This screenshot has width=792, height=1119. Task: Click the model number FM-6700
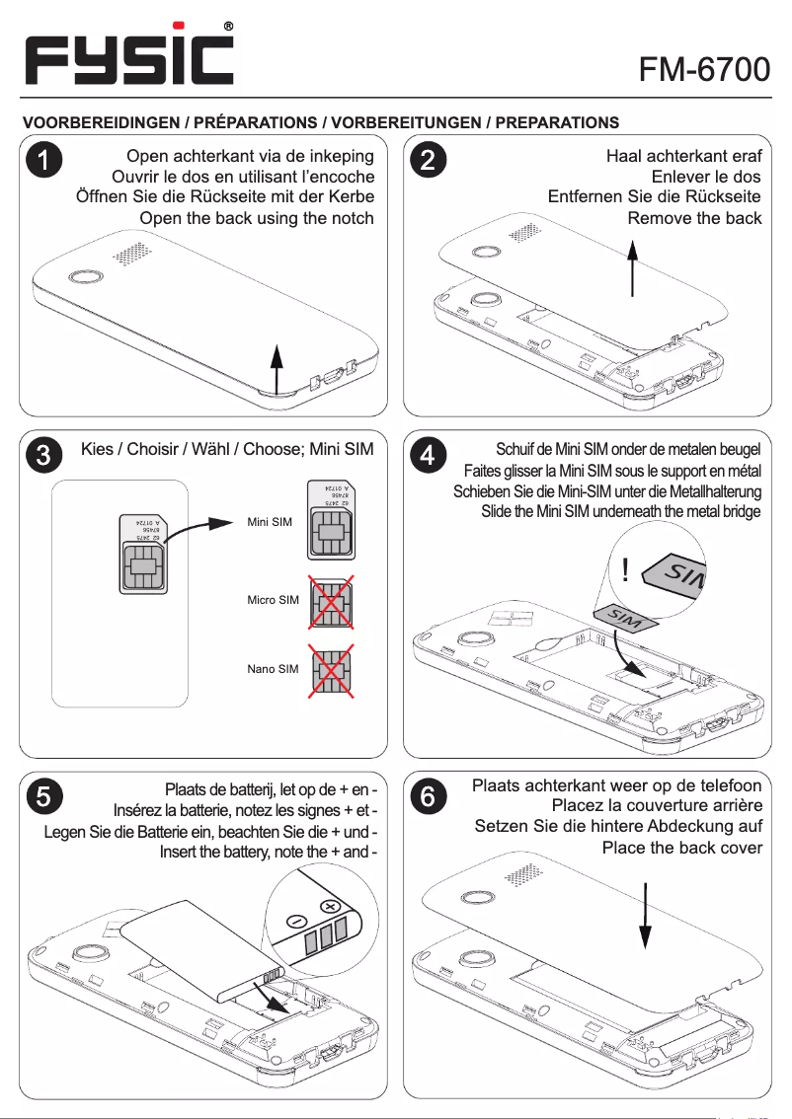(x=703, y=69)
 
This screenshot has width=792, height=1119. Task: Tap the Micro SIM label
(x=273, y=600)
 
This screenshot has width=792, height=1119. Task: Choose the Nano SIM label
(x=273, y=669)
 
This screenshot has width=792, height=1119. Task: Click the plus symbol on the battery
(x=329, y=907)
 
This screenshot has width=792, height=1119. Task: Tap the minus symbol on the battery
(x=295, y=921)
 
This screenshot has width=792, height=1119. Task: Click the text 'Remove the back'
(x=694, y=217)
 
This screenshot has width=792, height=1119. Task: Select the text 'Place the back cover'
(x=681, y=848)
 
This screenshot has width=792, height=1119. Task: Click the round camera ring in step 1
(x=83, y=277)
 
